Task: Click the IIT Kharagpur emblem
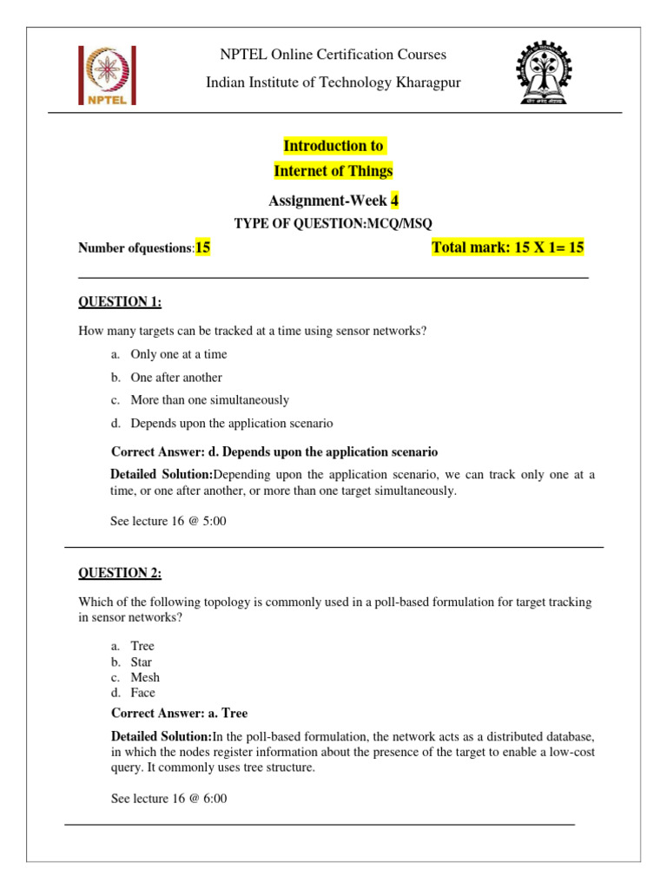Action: [545, 74]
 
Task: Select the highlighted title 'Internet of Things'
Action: [333, 171]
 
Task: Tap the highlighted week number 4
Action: [394, 201]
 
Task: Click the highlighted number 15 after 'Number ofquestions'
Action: [203, 248]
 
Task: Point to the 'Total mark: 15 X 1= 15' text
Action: [508, 248]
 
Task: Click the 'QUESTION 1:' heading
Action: [120, 302]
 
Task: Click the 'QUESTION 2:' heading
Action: [120, 573]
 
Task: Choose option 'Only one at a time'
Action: [178, 354]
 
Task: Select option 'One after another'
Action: [176, 378]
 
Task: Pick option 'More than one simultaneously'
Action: [209, 400]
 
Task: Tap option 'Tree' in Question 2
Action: [142, 646]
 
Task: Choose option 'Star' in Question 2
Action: [142, 662]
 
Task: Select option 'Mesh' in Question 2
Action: [145, 677]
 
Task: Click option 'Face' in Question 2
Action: [143, 693]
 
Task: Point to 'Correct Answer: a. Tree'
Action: [180, 714]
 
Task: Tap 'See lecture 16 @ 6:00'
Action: [168, 799]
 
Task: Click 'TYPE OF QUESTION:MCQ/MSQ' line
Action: [333, 224]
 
